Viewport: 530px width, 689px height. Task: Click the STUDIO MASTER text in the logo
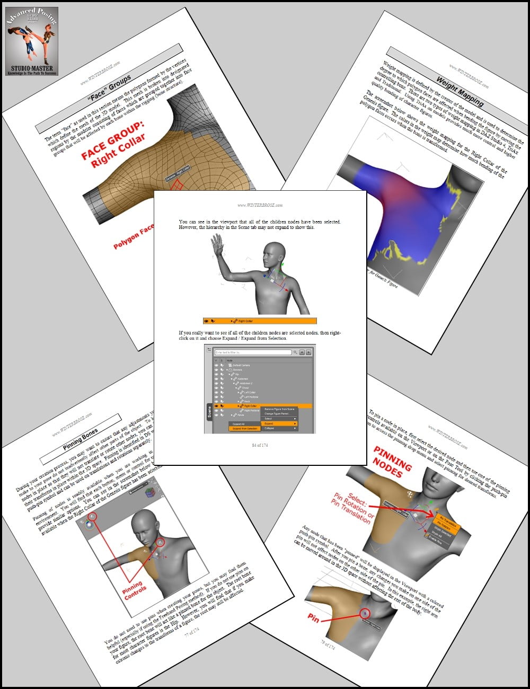(x=32, y=68)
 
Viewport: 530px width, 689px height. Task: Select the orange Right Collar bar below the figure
(x=260, y=321)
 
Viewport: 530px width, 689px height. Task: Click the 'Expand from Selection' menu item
(x=245, y=429)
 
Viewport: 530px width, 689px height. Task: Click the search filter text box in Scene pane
(x=253, y=352)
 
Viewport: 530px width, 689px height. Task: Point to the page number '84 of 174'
(x=260, y=445)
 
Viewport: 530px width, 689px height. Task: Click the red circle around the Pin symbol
(x=366, y=613)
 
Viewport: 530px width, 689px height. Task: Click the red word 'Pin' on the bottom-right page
(x=313, y=617)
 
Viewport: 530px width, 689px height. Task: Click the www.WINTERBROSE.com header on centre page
(x=260, y=205)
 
